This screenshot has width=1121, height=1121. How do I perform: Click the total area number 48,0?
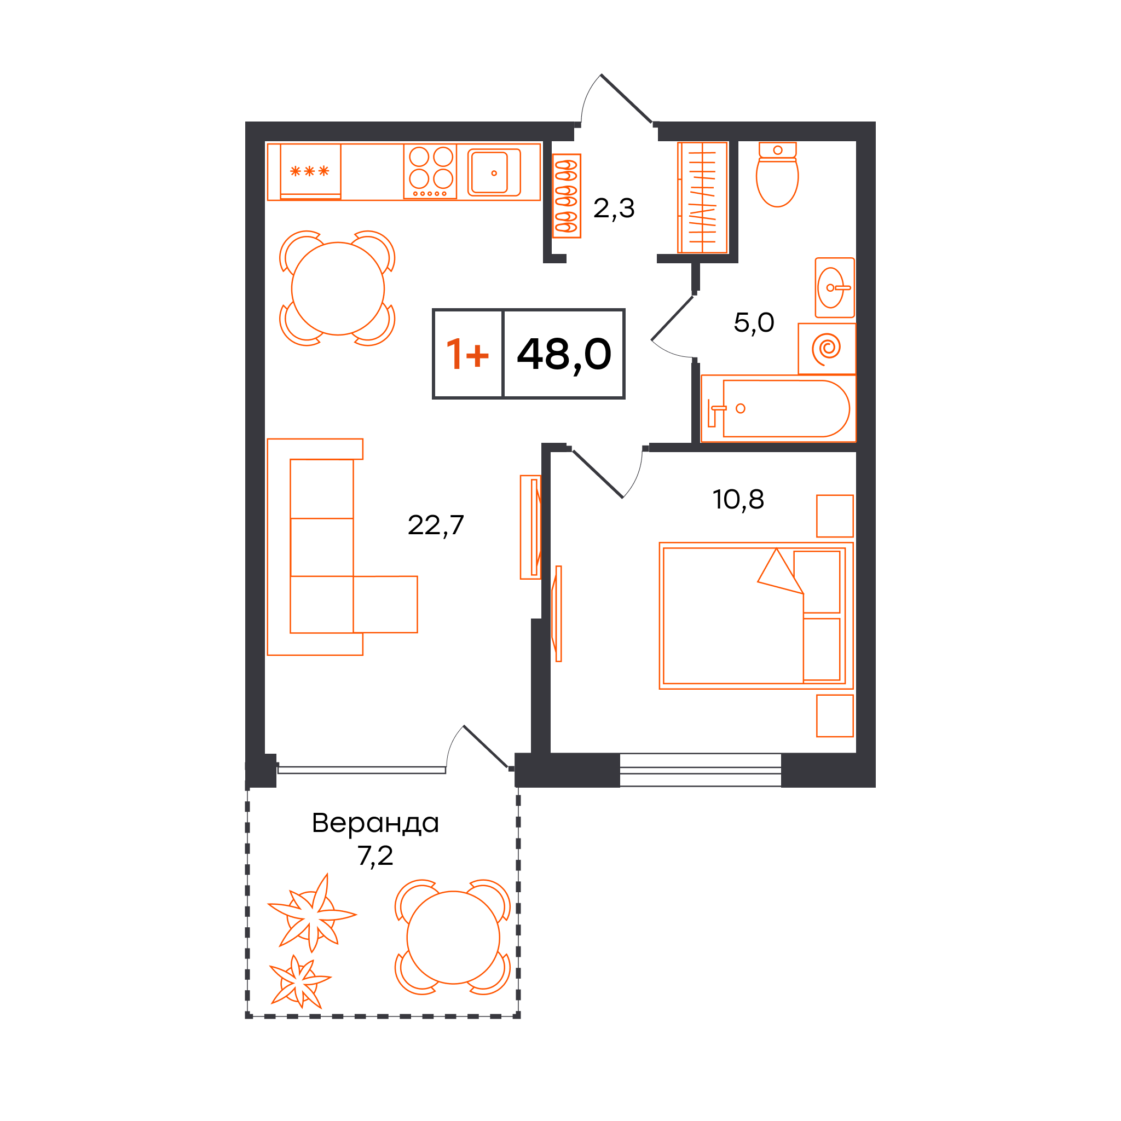[x=564, y=355]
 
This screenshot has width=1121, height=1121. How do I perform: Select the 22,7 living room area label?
[x=436, y=525]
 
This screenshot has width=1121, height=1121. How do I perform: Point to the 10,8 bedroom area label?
[x=738, y=499]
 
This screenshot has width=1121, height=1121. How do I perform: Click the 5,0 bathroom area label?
[x=754, y=322]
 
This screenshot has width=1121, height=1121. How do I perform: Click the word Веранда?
[x=375, y=823]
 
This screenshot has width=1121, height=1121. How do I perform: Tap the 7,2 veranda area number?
[x=375, y=856]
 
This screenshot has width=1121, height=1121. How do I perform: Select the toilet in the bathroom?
[x=777, y=174]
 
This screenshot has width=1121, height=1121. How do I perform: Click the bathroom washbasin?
[x=835, y=288]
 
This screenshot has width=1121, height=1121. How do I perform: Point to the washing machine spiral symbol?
[x=827, y=349]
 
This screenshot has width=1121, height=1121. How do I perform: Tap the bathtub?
[x=778, y=408]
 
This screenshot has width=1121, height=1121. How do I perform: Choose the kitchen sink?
[x=494, y=172]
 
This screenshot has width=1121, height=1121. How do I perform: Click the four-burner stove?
[x=430, y=171]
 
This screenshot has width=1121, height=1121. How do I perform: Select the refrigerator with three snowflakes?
[x=310, y=172]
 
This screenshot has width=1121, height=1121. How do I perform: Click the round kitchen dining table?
[x=338, y=288]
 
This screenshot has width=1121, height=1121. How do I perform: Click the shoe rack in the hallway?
[x=567, y=196]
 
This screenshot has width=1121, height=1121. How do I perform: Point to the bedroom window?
[x=700, y=770]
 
